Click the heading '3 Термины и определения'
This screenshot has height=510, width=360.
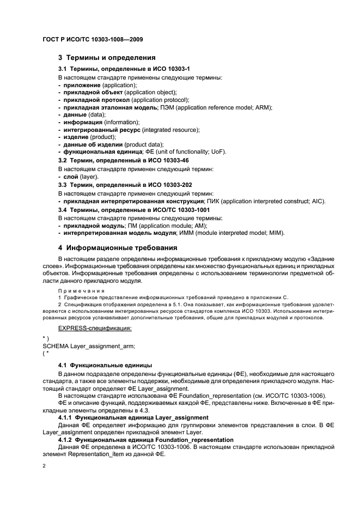(107, 57)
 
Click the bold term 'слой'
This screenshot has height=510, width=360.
(70, 178)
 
